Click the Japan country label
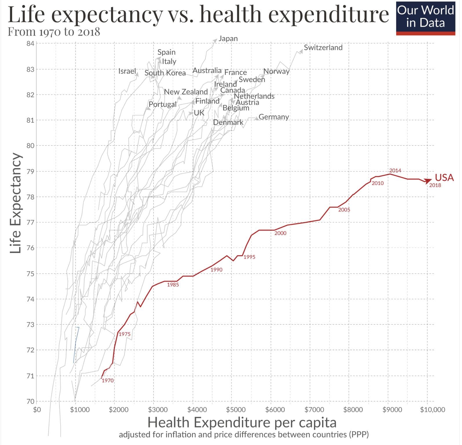pos(228,39)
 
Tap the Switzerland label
pos(323,48)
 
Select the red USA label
pos(444,177)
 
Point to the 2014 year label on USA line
pos(395,170)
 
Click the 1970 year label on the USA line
pos(107,380)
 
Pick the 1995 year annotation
pos(249,257)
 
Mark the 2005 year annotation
pos(344,210)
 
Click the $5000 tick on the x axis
pos(236,410)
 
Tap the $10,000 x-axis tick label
pos(432,410)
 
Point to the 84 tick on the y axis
pos(30,43)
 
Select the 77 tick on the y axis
pos(30,222)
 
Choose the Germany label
pos(274,117)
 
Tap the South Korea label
pos(165,73)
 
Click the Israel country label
pos(127,71)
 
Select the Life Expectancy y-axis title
pos(15,203)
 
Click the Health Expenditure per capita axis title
pos(242,422)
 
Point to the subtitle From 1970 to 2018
pos(54,32)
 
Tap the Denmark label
pos(228,122)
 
